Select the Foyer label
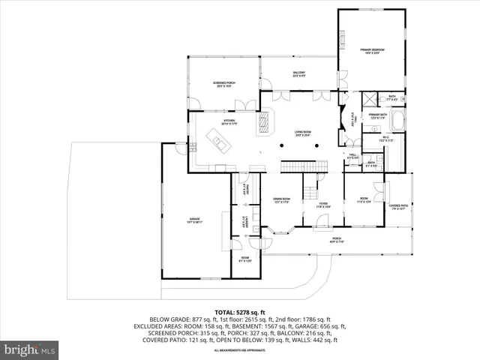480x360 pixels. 323,203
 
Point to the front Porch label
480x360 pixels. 337,241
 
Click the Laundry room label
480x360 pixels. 244,222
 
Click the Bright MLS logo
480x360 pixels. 30,349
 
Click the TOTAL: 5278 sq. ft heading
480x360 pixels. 240,311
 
